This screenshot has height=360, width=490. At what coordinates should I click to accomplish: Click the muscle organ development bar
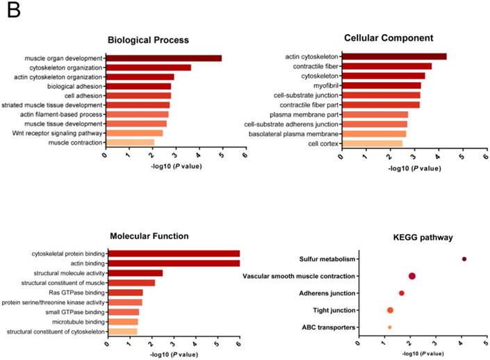(x=163, y=58)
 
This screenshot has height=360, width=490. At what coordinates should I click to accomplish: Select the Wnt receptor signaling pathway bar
(x=134, y=133)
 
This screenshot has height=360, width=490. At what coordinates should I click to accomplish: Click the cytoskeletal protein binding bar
(x=173, y=254)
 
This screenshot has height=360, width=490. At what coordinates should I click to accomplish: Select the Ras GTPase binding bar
(x=124, y=293)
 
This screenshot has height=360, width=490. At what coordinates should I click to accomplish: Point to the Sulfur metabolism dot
(x=464, y=259)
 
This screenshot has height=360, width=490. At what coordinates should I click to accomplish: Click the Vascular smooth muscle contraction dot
(x=412, y=277)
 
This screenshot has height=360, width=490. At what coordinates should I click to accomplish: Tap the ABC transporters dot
(x=389, y=327)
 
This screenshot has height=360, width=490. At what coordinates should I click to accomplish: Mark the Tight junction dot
(x=390, y=310)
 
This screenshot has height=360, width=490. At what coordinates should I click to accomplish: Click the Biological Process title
(x=148, y=40)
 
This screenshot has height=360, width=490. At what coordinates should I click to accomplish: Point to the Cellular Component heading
(x=389, y=38)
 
